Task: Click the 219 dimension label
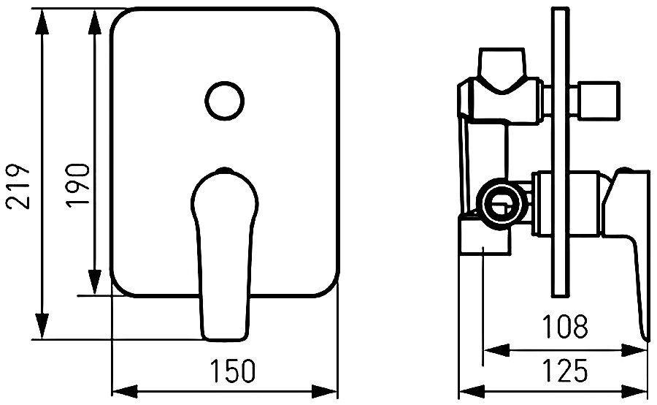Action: (x=18, y=186)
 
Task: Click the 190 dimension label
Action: (x=78, y=185)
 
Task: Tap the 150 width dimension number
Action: (x=233, y=371)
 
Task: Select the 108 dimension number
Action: (x=565, y=327)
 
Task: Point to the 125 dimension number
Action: (x=565, y=371)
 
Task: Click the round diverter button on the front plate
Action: (x=225, y=100)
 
